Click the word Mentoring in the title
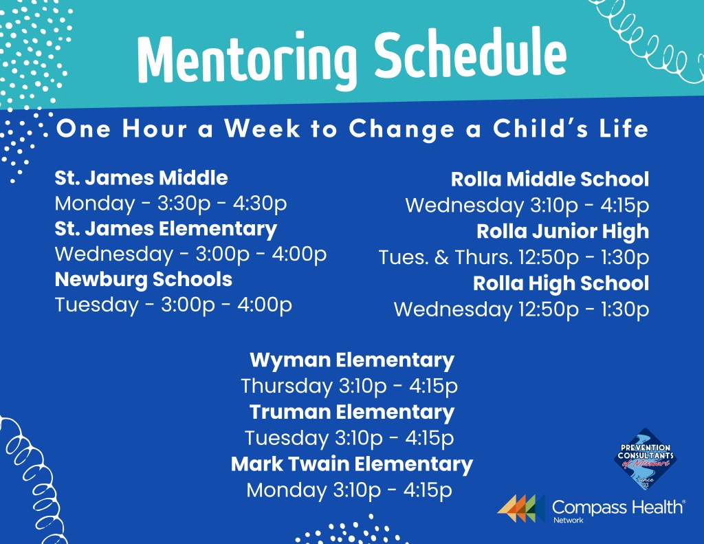pyautogui.click(x=247, y=58)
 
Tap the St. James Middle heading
pyautogui.click(x=141, y=178)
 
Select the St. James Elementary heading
pyautogui.click(x=166, y=230)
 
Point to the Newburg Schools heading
pyautogui.click(x=143, y=279)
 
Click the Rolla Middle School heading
pyautogui.click(x=549, y=179)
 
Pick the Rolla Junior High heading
pyautogui.click(x=562, y=232)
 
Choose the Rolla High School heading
pyautogui.click(x=561, y=283)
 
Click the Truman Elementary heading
pyautogui.click(x=352, y=413)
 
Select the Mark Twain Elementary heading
pyautogui.click(x=352, y=464)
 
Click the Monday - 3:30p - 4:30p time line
pyautogui.click(x=170, y=204)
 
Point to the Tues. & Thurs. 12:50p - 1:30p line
pyautogui.click(x=514, y=257)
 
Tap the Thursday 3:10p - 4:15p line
pyautogui.click(x=349, y=387)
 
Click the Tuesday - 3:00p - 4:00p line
pyautogui.click(x=173, y=305)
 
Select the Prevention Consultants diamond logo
pyautogui.click(x=645, y=459)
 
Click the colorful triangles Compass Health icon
pyautogui.click(x=521, y=508)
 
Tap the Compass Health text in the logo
pyautogui.click(x=617, y=508)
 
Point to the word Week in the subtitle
pyautogui.click(x=263, y=129)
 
